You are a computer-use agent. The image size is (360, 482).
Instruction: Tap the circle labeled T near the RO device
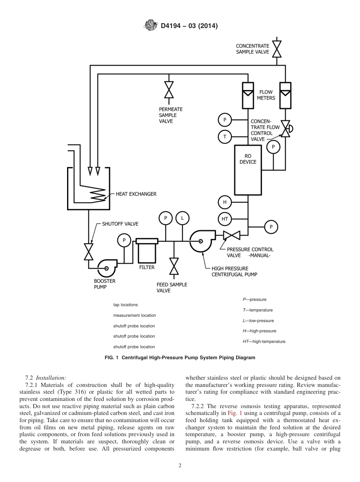(x=225, y=136)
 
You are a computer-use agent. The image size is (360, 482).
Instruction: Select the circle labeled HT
(x=225, y=219)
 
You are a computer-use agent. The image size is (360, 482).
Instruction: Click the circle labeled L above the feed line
(x=182, y=218)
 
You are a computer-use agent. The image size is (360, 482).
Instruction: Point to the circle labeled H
(x=225, y=202)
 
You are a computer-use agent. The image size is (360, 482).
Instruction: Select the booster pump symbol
(x=107, y=268)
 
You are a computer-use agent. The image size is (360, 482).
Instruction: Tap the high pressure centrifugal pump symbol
(x=200, y=241)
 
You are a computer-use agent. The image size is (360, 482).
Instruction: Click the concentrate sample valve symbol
(x=277, y=49)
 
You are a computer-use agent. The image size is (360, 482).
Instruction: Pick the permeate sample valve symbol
(x=169, y=90)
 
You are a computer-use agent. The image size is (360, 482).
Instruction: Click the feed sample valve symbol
(x=174, y=266)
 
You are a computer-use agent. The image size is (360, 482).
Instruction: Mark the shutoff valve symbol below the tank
(x=89, y=252)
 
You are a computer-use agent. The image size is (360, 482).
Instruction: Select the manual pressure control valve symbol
(x=231, y=235)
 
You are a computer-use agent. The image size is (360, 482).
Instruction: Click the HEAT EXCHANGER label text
(x=136, y=194)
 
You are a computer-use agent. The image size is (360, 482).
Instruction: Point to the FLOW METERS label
(x=266, y=95)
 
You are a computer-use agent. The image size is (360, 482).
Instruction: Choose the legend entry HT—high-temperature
(x=264, y=341)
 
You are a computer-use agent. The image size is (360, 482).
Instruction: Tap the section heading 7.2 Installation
(x=45, y=378)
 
